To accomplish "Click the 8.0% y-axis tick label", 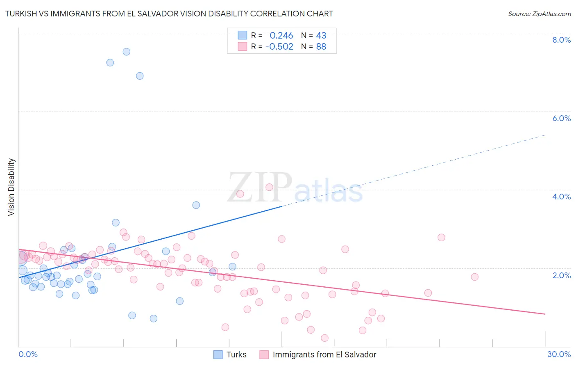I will (561, 40).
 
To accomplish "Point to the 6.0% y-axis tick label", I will (561, 118).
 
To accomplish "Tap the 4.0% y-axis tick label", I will (561, 197).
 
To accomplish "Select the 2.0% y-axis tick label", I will (561, 275).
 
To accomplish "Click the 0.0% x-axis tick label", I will (28, 355).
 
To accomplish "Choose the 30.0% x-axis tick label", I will (559, 355).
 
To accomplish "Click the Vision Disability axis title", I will (11, 187).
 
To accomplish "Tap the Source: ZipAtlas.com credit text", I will (539, 14).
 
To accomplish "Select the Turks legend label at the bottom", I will (236, 355).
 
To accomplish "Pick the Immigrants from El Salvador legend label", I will (324, 355).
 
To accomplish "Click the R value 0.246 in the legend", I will (281, 36).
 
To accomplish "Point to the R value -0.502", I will (279, 47).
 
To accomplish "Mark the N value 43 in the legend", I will (321, 36).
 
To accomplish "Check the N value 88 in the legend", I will (321, 47).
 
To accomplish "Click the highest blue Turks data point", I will (127, 52).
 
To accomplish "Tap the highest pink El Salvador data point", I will (269, 187).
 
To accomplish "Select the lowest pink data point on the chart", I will (324, 338).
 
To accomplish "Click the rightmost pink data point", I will (474, 277).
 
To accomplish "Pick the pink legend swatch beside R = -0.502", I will (243, 46).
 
